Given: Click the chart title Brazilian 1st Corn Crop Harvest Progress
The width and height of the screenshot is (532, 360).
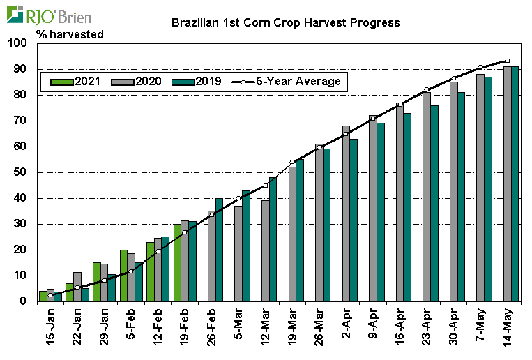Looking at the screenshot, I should pos(285,22).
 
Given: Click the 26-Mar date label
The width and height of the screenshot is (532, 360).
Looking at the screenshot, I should pos(319,328).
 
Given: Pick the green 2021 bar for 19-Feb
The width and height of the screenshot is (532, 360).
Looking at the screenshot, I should pos(177,262).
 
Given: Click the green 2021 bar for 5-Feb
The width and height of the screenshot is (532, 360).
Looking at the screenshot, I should pos(123,276).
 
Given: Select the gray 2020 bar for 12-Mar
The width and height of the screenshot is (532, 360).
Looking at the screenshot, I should pos(265,250).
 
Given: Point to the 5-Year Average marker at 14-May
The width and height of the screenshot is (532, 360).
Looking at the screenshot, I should pos(507,61).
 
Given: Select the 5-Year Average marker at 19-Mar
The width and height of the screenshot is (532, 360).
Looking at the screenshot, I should pos(292,162).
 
